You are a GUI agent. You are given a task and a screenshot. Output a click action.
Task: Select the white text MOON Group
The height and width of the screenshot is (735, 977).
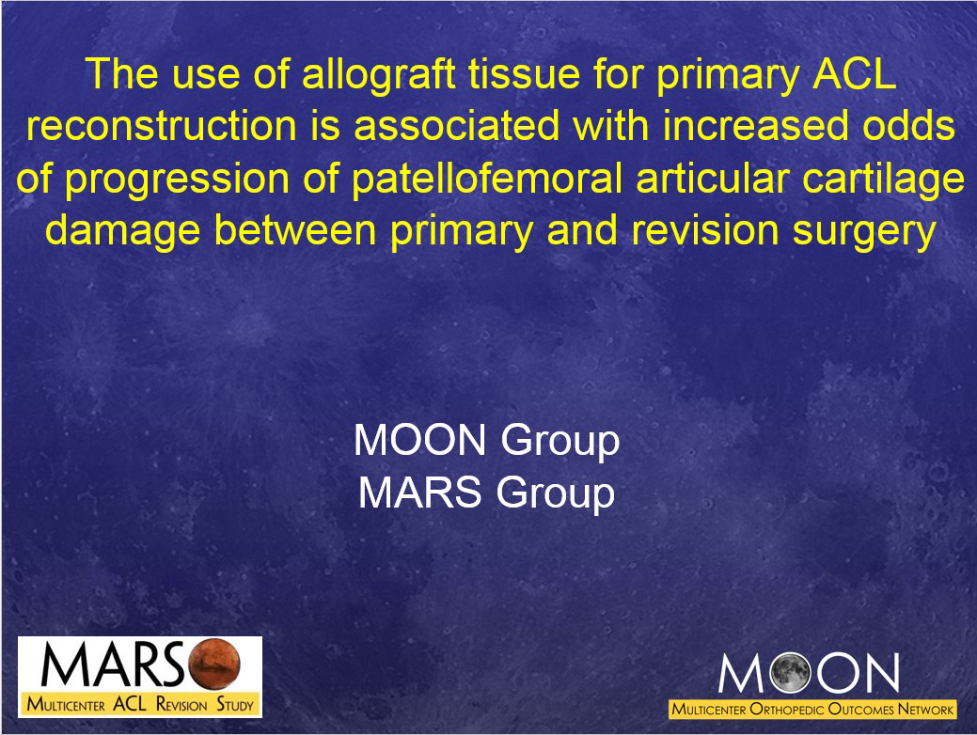tap(487, 440)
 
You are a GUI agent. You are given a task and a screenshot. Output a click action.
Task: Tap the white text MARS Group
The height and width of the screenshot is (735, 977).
tap(487, 492)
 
